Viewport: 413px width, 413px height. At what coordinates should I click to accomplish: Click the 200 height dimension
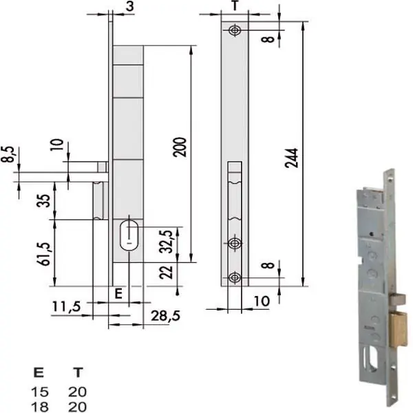click(180, 147)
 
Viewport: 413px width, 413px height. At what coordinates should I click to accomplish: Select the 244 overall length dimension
click(292, 158)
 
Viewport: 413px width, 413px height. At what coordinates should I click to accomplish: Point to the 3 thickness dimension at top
click(130, 6)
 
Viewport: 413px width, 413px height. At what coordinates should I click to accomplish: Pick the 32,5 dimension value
click(167, 242)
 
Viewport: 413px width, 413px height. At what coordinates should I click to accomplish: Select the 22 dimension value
click(166, 273)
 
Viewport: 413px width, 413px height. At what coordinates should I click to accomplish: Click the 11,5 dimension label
click(66, 307)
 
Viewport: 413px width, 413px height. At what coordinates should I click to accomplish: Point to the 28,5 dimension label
click(166, 316)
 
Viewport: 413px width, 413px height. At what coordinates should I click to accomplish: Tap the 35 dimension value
click(43, 201)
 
